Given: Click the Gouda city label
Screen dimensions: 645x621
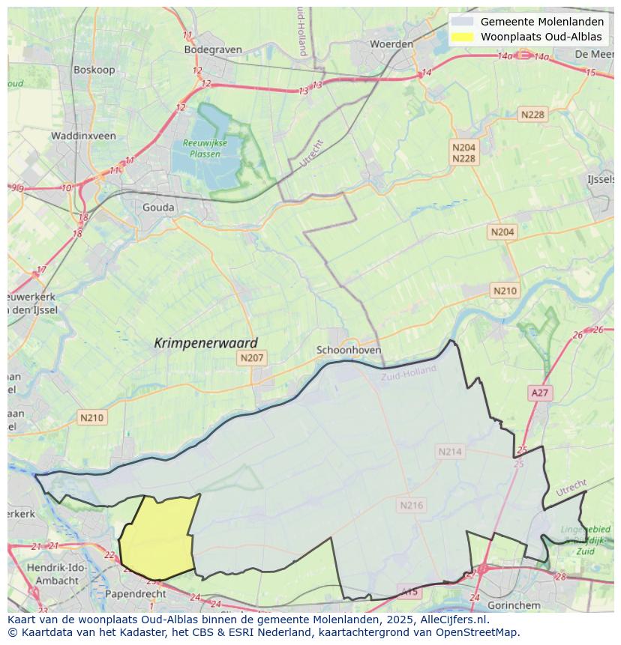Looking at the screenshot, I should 158,208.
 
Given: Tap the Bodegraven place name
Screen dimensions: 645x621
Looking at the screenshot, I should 213,49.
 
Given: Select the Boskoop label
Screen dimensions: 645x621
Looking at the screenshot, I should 93,70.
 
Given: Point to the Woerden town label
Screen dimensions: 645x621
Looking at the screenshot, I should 391,44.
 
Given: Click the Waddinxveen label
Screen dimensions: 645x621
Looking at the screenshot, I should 83,136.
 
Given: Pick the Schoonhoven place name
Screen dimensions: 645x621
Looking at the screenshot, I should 349,350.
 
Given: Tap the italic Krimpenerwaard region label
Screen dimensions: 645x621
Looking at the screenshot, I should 205,343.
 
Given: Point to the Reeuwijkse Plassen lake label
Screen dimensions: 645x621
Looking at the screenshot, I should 201,148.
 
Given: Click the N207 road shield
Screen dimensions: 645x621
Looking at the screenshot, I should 251,358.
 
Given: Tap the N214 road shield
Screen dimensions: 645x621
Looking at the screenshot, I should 450,451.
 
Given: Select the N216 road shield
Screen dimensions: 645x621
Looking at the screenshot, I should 411,505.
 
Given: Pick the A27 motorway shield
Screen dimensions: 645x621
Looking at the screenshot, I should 539,393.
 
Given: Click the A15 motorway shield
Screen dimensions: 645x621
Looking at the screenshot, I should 409,592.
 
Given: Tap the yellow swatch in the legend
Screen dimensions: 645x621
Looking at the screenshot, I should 463,37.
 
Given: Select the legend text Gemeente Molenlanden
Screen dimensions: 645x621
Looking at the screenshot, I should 541,22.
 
